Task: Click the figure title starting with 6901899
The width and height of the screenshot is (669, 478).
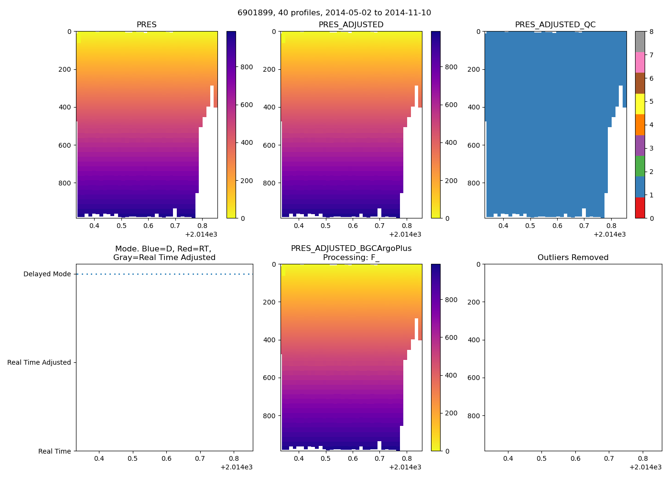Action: [x=334, y=12]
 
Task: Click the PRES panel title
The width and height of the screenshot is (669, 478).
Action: [x=146, y=24]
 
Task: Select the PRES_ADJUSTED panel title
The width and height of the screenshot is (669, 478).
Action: [x=351, y=24]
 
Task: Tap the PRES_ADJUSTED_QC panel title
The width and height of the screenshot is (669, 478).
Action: [x=555, y=24]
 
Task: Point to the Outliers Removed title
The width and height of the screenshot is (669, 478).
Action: [x=573, y=257]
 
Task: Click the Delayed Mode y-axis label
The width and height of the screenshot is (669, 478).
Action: [x=47, y=274]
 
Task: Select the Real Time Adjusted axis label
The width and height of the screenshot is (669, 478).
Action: [x=39, y=362]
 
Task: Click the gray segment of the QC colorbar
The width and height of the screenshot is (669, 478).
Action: [x=640, y=42]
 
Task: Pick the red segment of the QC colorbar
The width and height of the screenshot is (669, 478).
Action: [x=640, y=208]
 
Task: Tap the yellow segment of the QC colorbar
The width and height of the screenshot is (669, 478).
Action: [x=640, y=104]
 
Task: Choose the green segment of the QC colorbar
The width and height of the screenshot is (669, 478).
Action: [x=640, y=166]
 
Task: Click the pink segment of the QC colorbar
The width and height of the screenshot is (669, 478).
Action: [x=640, y=62]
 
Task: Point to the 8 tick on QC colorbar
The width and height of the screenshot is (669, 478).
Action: [x=651, y=32]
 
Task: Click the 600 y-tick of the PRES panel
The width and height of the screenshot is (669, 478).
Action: [x=65, y=145]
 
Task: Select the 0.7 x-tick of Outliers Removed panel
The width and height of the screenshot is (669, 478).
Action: [x=609, y=458]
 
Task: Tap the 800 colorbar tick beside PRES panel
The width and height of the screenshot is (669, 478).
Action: [x=247, y=67]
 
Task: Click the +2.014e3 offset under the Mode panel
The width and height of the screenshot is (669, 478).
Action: [x=237, y=467]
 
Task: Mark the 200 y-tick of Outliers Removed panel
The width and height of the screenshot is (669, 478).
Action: [x=475, y=302]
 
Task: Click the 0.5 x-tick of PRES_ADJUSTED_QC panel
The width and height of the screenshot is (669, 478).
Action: [x=530, y=226]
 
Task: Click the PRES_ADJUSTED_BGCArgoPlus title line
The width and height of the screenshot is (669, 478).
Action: [x=351, y=249]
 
